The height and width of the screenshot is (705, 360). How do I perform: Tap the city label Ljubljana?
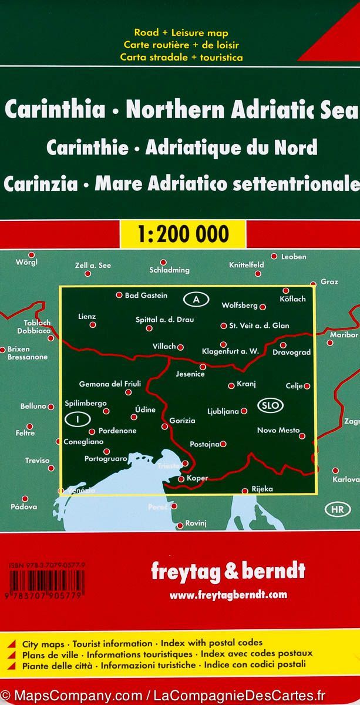click(x=223, y=411)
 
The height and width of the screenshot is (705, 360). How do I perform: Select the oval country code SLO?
click(x=270, y=405)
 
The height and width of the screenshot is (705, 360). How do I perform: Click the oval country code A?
click(x=197, y=300)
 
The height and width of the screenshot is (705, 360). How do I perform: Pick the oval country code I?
click(x=77, y=419)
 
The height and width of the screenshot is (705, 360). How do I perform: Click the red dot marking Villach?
click(x=180, y=347)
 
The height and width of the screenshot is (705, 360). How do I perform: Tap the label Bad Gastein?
click(x=146, y=295)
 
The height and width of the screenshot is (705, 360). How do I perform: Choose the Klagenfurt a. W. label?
click(x=230, y=351)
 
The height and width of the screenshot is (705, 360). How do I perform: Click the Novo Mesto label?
click(x=278, y=430)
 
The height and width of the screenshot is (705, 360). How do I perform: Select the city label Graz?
click(x=329, y=282)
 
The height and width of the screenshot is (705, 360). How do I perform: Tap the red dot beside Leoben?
click(x=274, y=256)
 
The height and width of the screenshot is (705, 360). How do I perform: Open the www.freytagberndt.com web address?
click(x=228, y=595)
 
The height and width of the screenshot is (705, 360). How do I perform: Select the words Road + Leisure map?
click(x=180, y=33)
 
